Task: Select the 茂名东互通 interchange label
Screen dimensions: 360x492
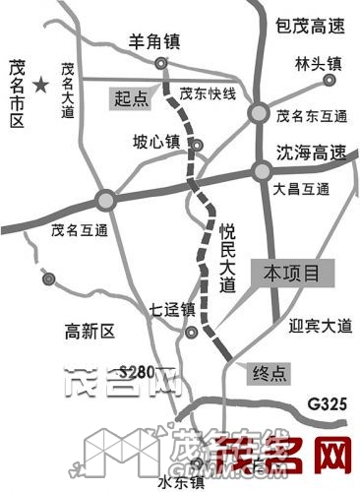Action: (x=312, y=116)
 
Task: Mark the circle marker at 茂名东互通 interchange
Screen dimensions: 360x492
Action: (x=259, y=113)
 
